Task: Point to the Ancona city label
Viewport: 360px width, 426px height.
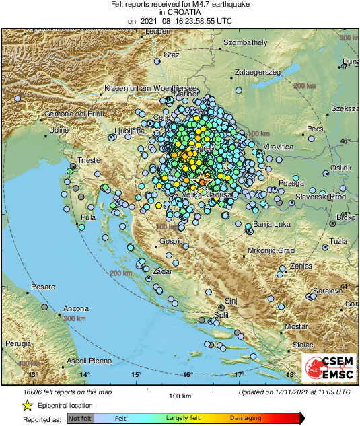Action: coord(75,308)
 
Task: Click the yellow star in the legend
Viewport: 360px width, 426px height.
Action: coord(28,406)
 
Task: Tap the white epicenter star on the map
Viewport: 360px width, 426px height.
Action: coord(201,178)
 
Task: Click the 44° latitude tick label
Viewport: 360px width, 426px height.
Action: coord(345,287)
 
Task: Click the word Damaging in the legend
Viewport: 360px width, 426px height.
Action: coord(247,418)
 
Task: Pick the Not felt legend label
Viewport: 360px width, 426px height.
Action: coord(81,418)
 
